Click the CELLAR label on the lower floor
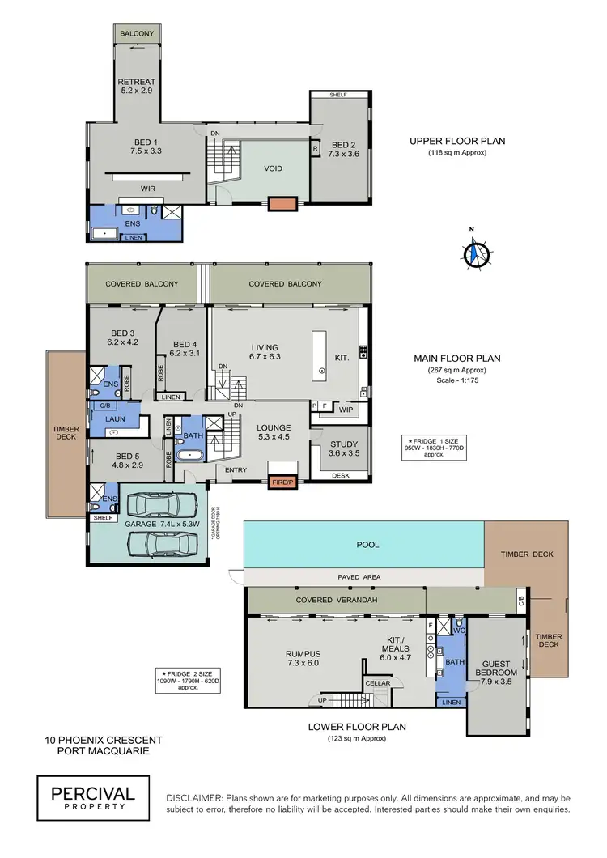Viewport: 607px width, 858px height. click(378, 683)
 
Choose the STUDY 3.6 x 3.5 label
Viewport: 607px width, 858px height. click(340, 448)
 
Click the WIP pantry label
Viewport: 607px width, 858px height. click(345, 410)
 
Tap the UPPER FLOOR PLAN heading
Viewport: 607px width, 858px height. click(457, 141)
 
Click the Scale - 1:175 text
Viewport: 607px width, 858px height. click(457, 380)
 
